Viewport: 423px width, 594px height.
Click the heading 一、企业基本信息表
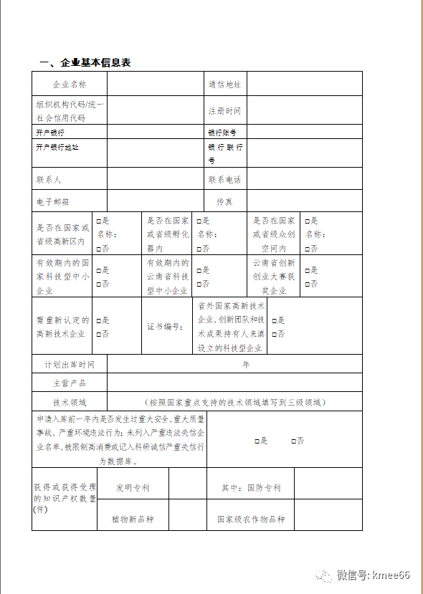point(85,62)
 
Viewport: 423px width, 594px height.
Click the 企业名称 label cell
point(70,85)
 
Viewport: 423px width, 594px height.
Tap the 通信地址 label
point(224,85)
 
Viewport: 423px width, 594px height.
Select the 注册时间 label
point(224,111)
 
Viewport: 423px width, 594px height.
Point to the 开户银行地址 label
point(57,147)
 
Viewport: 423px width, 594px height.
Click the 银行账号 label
point(222,133)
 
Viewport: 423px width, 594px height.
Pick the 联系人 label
point(49,179)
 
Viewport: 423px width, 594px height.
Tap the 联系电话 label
point(224,179)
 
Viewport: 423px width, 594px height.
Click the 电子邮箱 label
point(53,202)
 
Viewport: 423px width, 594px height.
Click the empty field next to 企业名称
point(153,85)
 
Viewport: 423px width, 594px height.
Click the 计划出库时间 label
point(70,365)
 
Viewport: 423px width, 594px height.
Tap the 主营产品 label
point(70,383)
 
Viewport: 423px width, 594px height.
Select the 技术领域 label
point(70,402)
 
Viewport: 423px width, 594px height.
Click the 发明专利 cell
point(133,488)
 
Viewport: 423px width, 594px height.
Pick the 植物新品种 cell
point(133,519)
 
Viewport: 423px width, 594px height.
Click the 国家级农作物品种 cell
point(251,519)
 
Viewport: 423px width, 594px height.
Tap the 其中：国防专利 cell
point(251,488)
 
